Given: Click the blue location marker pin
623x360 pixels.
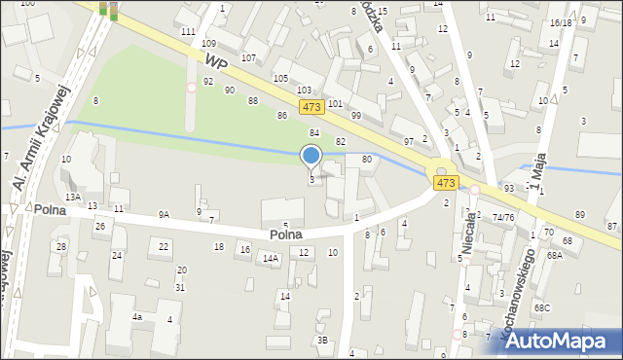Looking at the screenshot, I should point(311,156).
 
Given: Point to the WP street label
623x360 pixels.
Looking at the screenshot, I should point(215,61).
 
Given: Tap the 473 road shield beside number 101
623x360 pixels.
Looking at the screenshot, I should point(311,107).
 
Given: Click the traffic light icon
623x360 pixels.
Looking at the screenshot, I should point(108,10).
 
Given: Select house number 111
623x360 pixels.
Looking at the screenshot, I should point(188,32).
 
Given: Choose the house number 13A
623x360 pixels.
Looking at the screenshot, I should point(72,197).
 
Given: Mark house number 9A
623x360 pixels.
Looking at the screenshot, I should point(164,214).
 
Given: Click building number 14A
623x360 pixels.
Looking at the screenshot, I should point(271,259).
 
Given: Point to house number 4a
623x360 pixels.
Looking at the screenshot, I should point(138,317).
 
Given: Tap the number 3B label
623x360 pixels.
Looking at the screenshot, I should point(322,340).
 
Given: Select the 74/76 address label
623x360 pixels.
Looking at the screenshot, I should point(503,217).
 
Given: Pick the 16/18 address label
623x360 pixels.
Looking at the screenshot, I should point(561,21).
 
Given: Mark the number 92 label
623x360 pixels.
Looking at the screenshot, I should point(207,81).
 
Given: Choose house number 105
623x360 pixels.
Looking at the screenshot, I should point(280,78).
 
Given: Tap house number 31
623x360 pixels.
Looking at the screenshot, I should point(180,287).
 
